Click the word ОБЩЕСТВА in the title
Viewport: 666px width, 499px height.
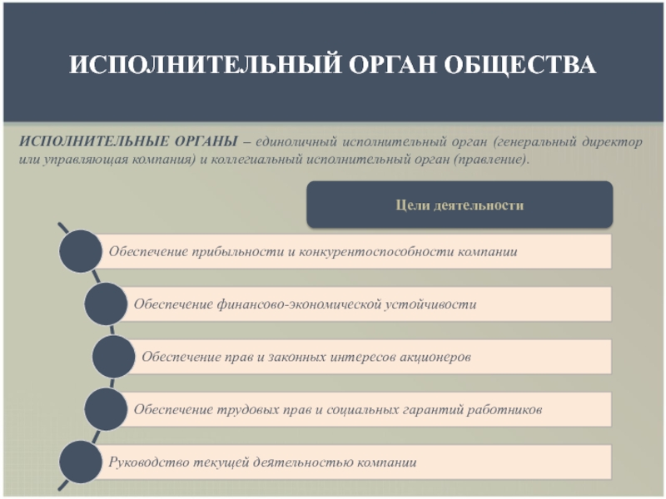pos(519,65)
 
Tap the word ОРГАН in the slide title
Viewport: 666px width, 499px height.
pos(392,65)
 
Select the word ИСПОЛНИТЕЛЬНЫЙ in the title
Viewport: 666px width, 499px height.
pos(205,65)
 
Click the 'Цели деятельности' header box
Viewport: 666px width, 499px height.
pos(460,205)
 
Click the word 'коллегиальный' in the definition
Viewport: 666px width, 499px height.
pos(255,160)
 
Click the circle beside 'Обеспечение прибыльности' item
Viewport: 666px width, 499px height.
pos(80,252)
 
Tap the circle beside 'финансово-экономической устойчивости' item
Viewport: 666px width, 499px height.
pos(106,304)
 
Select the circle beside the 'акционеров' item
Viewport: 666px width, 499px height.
pos(113,357)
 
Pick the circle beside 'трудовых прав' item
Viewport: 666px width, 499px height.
pos(106,409)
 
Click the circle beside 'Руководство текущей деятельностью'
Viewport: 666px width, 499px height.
pos(80,462)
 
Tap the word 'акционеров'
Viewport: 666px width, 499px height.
pos(435,357)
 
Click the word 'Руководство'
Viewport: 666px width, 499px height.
pos(148,462)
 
